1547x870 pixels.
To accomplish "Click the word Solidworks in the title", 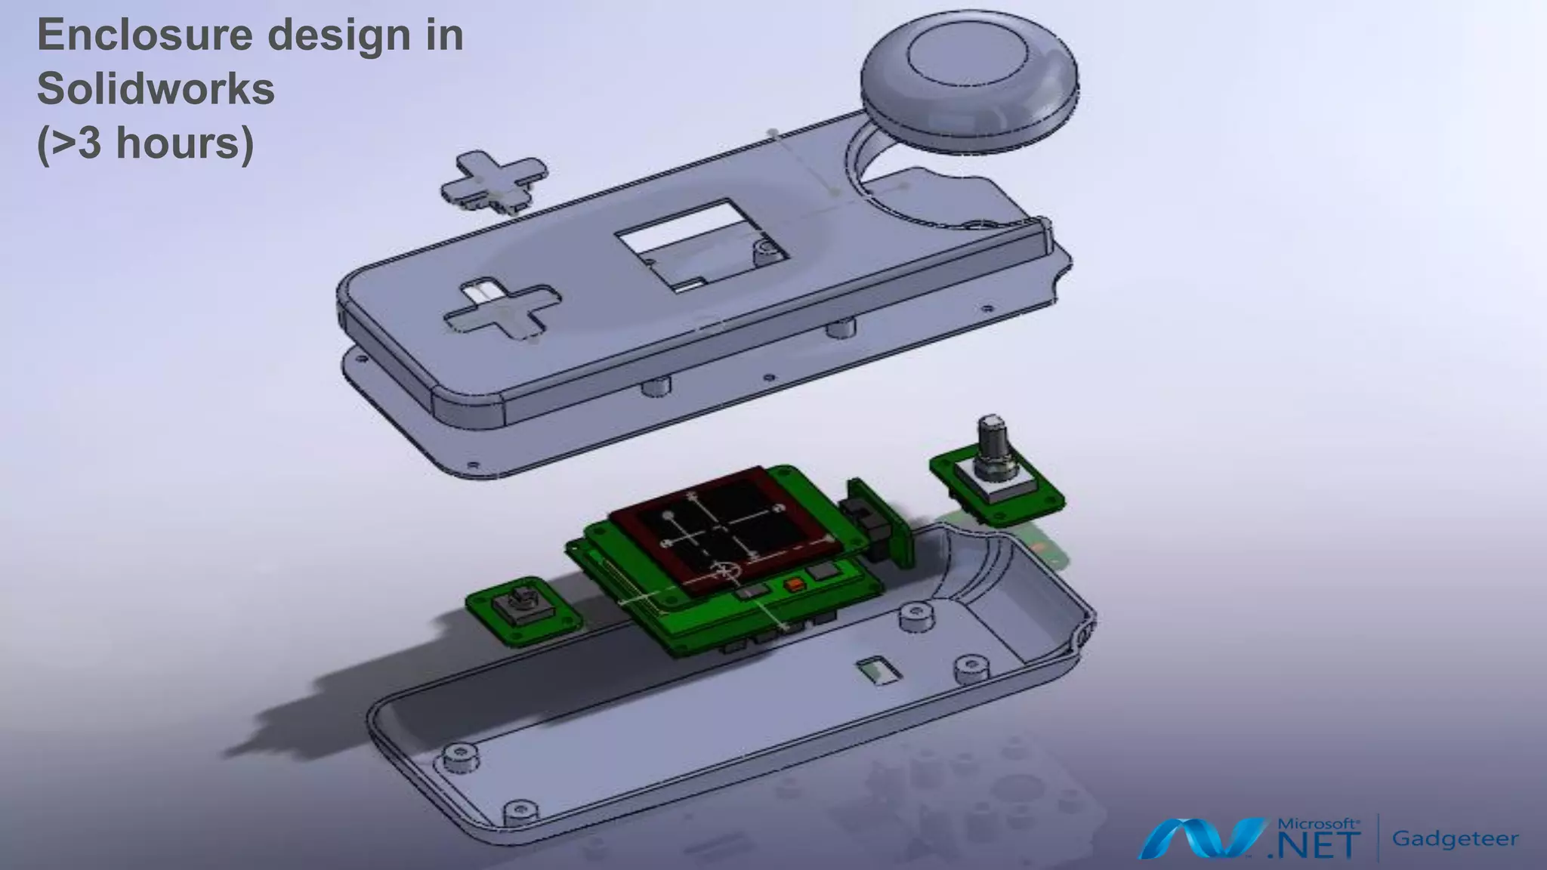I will [x=156, y=89].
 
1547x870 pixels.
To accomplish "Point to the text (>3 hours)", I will [x=145, y=143].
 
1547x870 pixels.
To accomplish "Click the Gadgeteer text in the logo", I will [x=1455, y=838].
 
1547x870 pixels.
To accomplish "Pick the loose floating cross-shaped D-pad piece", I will [x=495, y=181].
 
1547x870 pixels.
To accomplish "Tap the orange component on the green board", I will [x=795, y=585].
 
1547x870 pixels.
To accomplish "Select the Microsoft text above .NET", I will [x=1318, y=824].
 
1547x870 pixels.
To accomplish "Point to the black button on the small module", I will [x=519, y=604].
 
